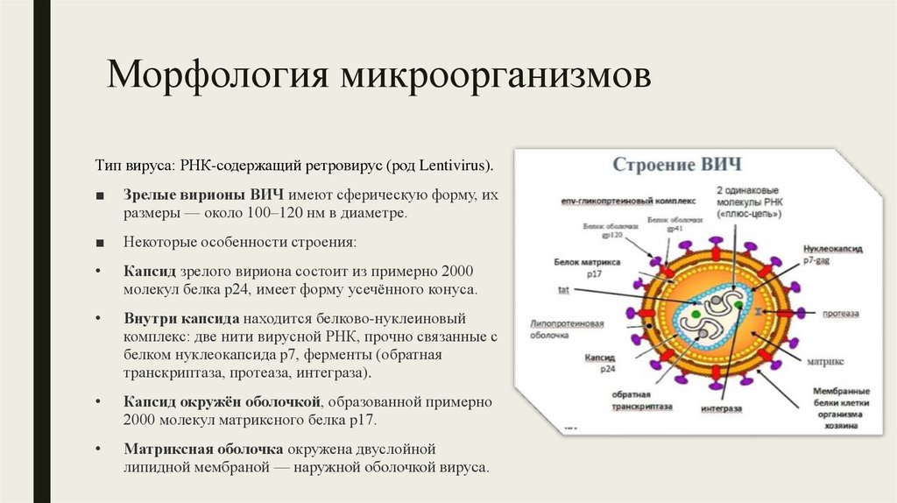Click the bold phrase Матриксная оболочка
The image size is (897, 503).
(201, 449)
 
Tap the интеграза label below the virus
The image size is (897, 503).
(722, 408)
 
